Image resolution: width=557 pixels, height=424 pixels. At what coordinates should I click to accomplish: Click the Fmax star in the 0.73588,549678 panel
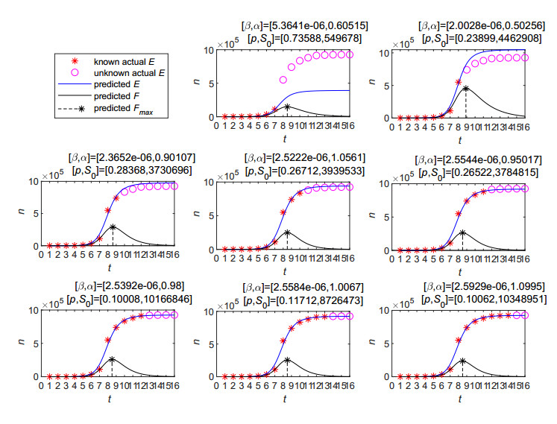[x=287, y=106]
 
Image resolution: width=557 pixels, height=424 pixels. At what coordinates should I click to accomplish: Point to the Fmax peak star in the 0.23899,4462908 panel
[x=465, y=88]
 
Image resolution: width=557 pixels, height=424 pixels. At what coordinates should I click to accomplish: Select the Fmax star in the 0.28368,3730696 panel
[x=113, y=227]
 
